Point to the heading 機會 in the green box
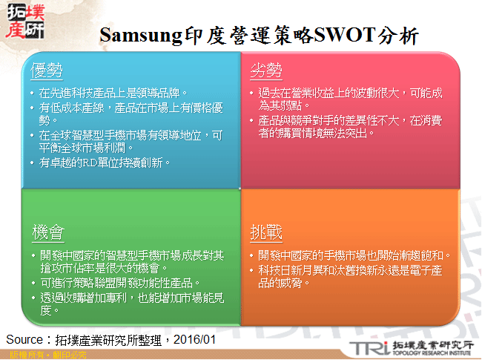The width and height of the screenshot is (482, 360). [47, 232]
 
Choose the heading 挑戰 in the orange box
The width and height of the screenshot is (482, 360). [265, 232]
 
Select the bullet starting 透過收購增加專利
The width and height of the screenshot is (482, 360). [126, 303]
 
